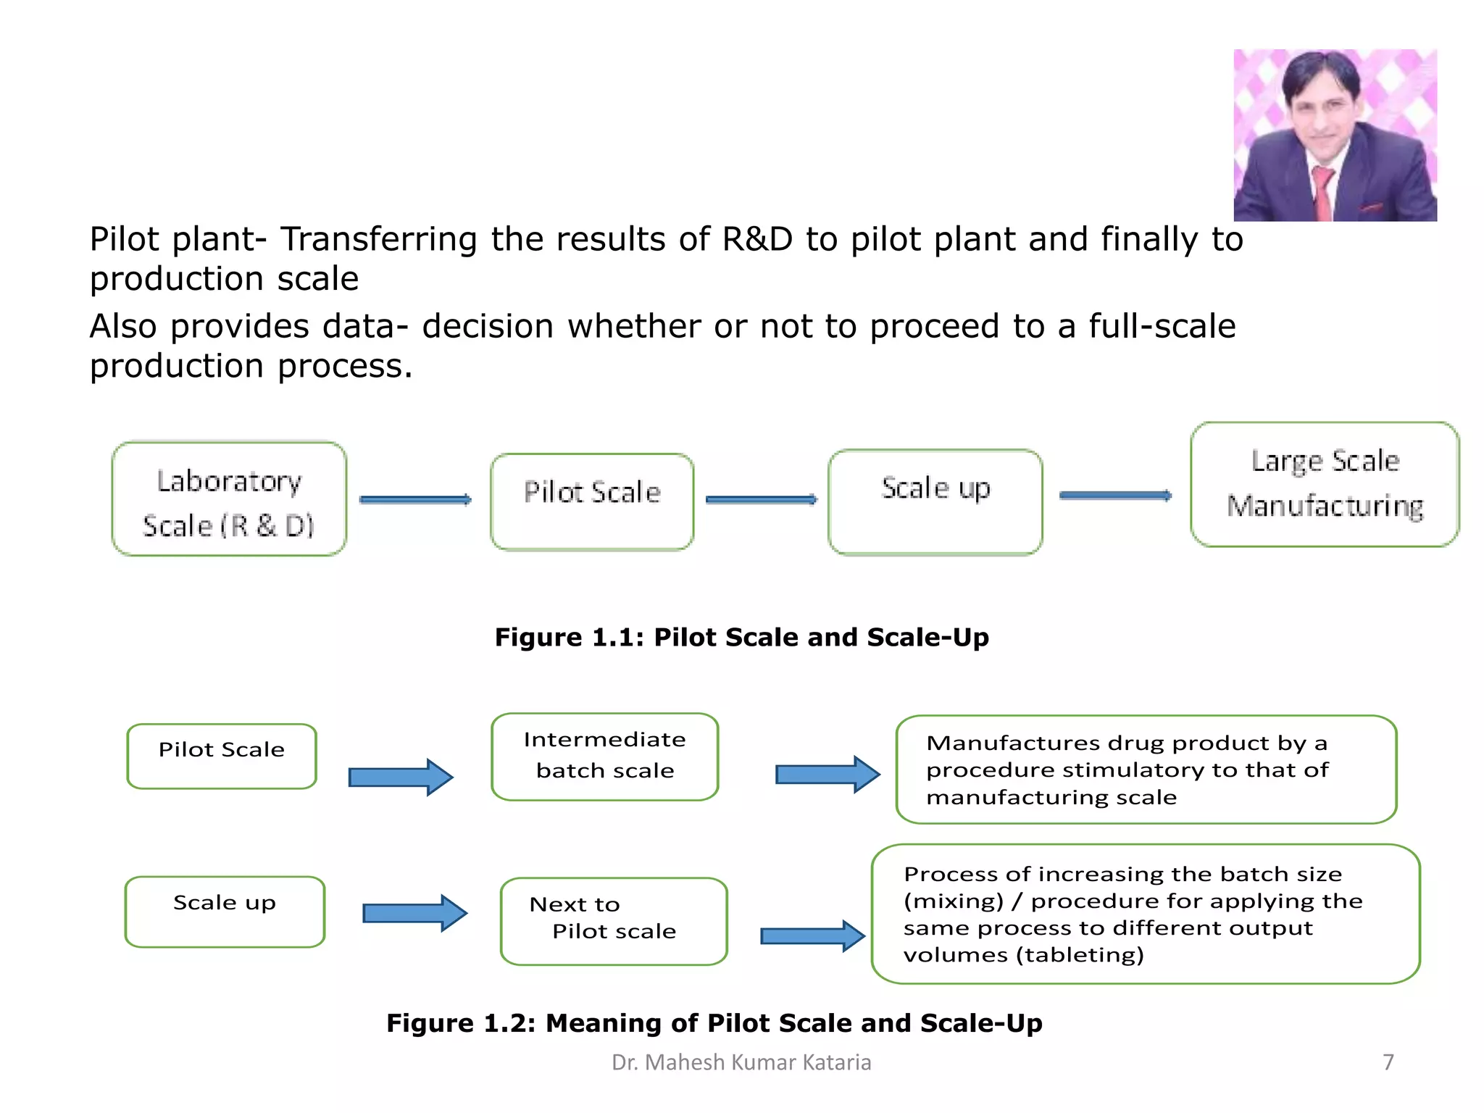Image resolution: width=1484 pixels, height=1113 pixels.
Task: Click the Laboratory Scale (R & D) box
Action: tap(229, 499)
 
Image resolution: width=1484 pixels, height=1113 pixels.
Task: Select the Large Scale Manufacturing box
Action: tap(1324, 484)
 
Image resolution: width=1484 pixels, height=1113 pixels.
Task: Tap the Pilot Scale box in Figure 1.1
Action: tap(592, 501)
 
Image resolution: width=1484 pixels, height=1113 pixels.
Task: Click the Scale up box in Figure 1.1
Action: tap(935, 501)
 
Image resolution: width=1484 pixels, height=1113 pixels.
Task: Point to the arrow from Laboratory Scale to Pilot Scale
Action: tap(415, 499)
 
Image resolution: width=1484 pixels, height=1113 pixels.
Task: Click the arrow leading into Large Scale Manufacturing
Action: tap(1114, 496)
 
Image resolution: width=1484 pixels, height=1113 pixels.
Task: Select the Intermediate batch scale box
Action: tap(604, 756)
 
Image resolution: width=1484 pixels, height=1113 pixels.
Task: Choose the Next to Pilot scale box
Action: tap(613, 920)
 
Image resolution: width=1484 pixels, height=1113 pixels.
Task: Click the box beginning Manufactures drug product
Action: tap(1146, 769)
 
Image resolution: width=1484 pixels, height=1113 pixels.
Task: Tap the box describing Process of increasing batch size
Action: tap(1145, 913)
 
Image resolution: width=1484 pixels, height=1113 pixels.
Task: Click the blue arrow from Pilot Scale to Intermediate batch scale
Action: tap(401, 777)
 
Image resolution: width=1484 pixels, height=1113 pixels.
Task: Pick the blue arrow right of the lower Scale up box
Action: tap(414, 912)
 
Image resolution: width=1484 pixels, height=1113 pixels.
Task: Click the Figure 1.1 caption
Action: tap(741, 637)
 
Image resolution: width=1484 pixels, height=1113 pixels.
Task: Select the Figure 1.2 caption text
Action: tap(714, 1022)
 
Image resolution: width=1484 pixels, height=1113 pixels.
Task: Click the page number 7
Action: tap(1388, 1062)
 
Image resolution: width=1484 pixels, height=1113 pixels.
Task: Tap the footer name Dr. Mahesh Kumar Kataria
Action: tap(741, 1062)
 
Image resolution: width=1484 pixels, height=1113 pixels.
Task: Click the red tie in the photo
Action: tap(1322, 191)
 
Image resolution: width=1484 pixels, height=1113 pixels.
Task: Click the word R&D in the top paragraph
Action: tap(757, 239)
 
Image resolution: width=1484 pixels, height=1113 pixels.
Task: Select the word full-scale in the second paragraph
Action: tap(1162, 326)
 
